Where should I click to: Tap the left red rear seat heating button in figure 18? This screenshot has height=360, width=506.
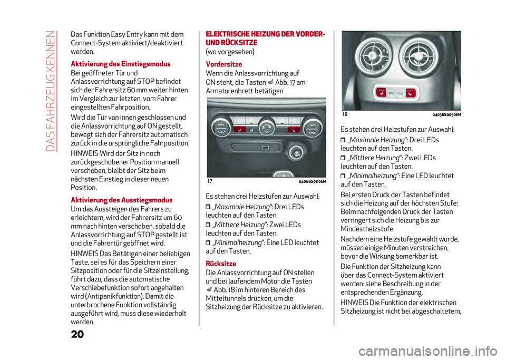[x=381, y=93]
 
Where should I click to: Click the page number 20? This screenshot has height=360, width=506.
[x=77, y=335]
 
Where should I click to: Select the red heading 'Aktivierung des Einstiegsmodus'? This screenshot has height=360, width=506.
[x=120, y=63]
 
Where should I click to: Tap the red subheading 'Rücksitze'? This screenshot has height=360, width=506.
[x=221, y=263]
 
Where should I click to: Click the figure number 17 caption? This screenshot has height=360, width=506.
[x=210, y=181]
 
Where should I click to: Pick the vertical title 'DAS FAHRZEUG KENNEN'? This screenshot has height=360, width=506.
[x=51, y=87]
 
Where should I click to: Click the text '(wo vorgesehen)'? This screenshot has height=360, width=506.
[x=230, y=52]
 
